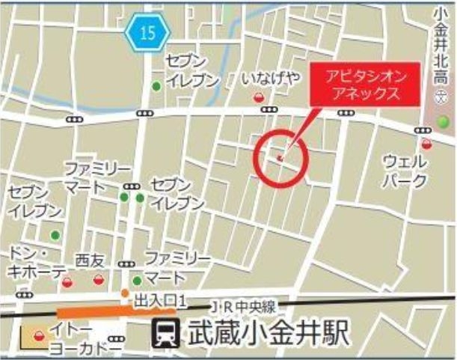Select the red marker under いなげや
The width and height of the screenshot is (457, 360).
point(260,96)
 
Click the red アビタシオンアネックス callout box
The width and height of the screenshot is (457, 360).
point(361,85)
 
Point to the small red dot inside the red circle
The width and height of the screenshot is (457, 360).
point(280,157)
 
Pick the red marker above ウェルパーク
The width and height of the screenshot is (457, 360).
point(426,144)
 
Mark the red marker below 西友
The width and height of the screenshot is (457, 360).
point(98,280)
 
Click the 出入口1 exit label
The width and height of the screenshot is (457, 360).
point(159,300)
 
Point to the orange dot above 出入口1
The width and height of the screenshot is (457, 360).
point(126,292)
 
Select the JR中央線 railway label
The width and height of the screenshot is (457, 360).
point(244,306)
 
